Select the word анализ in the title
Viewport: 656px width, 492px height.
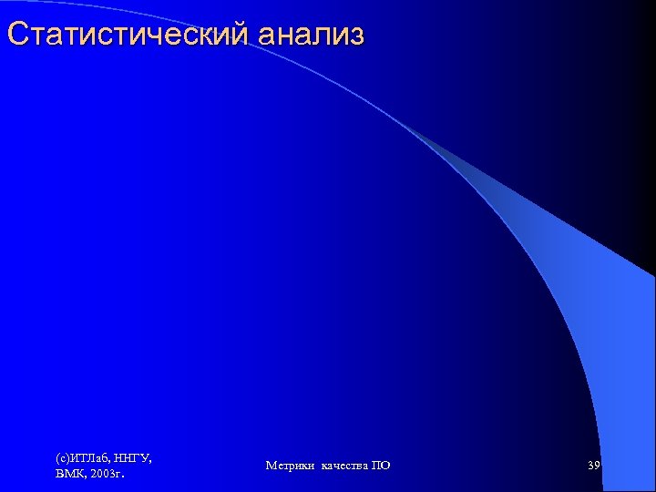pyautogui.click(x=311, y=35)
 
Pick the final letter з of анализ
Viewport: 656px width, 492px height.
pyautogui.click(x=356, y=36)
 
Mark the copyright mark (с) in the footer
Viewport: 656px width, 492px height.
pyautogui.click(x=63, y=457)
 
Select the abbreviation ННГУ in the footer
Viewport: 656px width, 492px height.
pyautogui.click(x=132, y=457)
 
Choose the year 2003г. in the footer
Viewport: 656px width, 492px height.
pyautogui.click(x=108, y=474)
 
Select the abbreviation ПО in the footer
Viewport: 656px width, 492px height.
pyautogui.click(x=381, y=466)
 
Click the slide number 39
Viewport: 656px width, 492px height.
pyautogui.click(x=594, y=466)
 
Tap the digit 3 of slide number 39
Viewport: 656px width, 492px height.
pyautogui.click(x=590, y=466)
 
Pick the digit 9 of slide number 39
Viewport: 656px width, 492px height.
pyautogui.click(x=597, y=466)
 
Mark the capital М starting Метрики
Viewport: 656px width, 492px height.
pyautogui.click(x=271, y=466)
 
